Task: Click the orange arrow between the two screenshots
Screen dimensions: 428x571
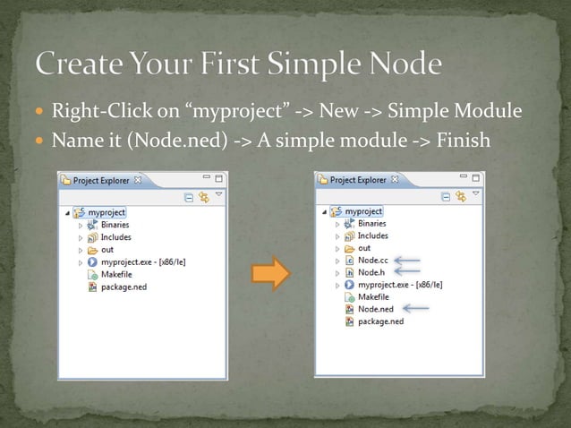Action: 269,271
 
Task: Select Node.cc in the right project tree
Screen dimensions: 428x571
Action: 373,261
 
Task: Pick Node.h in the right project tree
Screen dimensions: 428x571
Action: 371,272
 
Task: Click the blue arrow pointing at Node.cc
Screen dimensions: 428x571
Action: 407,261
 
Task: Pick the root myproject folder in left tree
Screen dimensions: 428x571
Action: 106,212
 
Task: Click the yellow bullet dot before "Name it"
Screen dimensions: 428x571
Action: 39,141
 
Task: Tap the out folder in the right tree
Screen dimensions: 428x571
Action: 363,248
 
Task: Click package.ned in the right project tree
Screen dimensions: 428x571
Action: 380,321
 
